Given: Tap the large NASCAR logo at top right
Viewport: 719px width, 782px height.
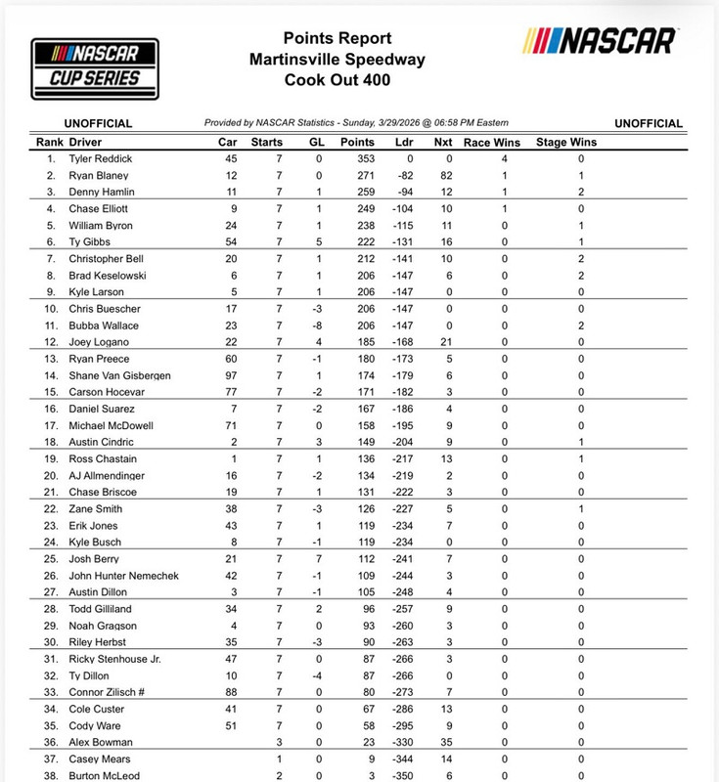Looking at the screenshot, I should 600,41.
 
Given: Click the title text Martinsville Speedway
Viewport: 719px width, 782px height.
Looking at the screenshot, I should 337,60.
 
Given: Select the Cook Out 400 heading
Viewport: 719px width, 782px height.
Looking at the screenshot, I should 337,81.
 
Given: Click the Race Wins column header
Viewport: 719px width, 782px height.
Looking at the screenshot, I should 491,142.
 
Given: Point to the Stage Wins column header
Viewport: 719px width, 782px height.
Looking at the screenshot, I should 566,142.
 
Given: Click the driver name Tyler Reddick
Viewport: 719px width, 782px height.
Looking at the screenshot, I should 101,158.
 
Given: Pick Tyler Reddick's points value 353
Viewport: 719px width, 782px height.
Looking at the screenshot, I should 364,158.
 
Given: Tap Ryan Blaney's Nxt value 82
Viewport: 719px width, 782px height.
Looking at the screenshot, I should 449,175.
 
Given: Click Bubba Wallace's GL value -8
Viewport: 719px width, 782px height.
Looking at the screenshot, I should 319,325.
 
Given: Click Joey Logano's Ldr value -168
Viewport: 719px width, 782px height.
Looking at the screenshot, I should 404,342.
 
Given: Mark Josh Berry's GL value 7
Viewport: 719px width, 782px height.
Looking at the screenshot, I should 319,559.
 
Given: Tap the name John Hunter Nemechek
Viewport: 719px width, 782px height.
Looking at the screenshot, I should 124,576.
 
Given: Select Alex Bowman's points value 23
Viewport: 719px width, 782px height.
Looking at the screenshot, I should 364,742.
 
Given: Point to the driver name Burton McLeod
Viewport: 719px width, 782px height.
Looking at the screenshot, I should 104,776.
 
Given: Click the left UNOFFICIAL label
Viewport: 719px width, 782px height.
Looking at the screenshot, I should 100,123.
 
